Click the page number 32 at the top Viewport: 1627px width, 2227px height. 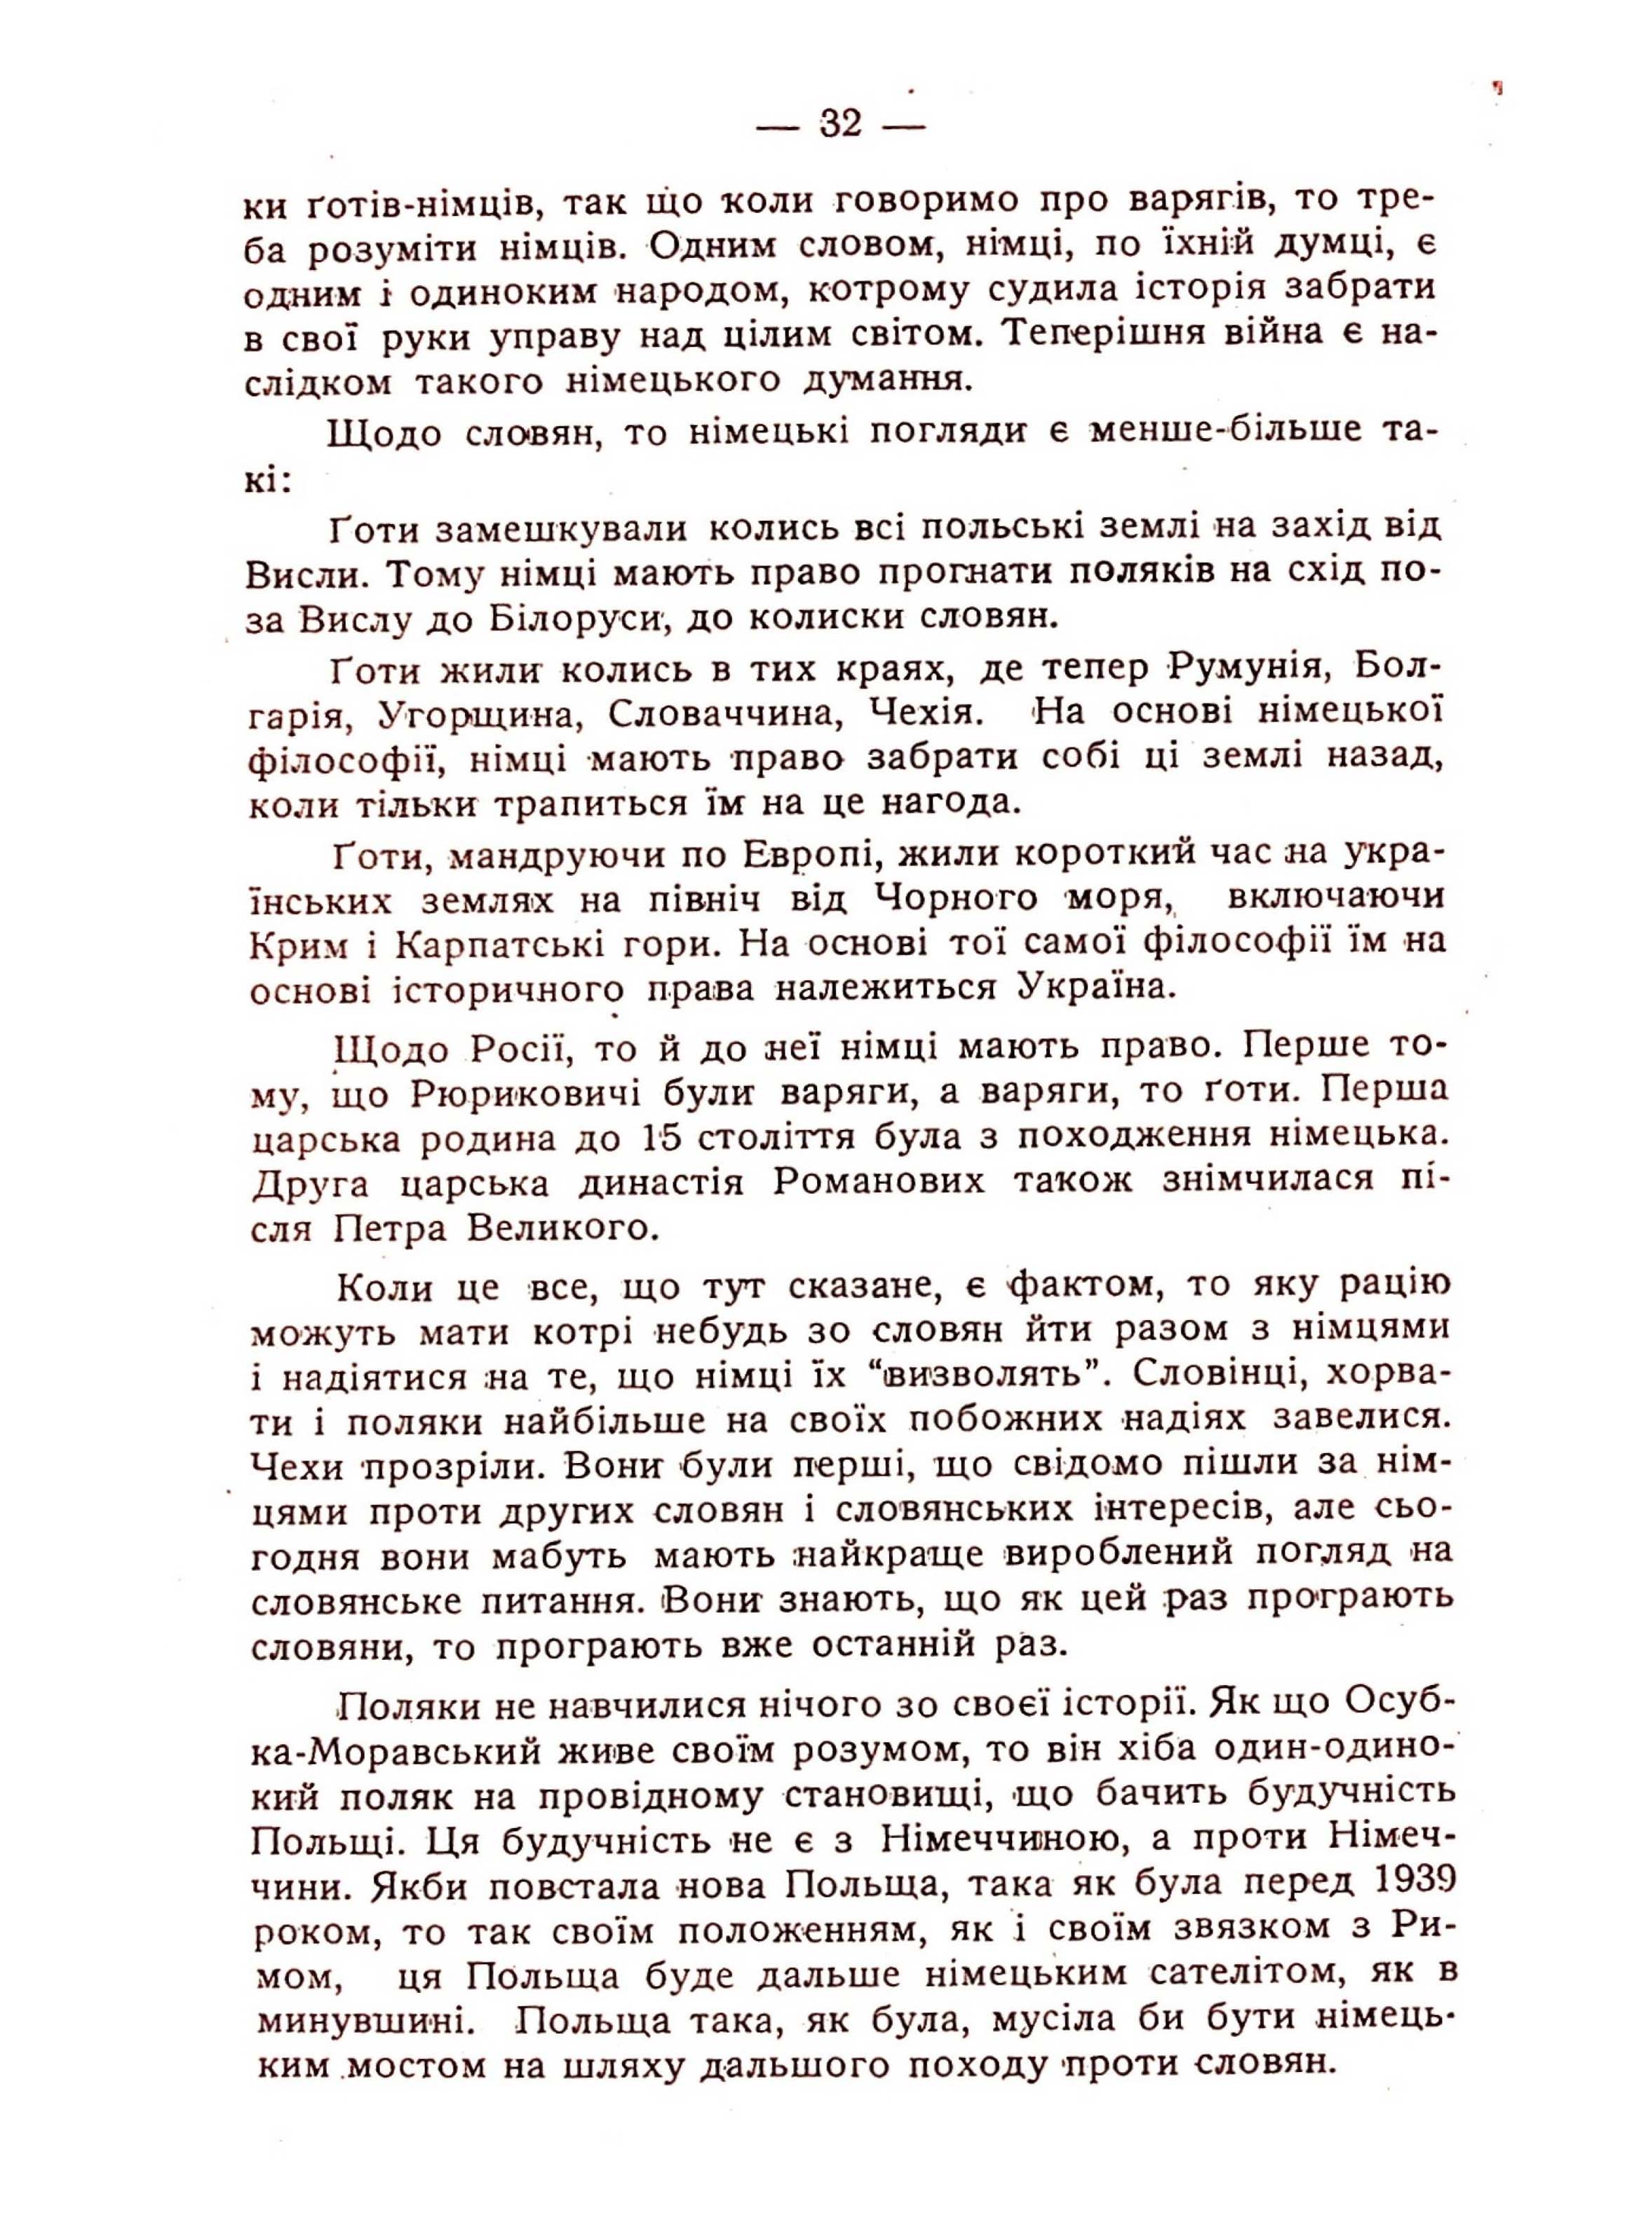pos(840,125)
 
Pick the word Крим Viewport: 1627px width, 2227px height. pos(300,944)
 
